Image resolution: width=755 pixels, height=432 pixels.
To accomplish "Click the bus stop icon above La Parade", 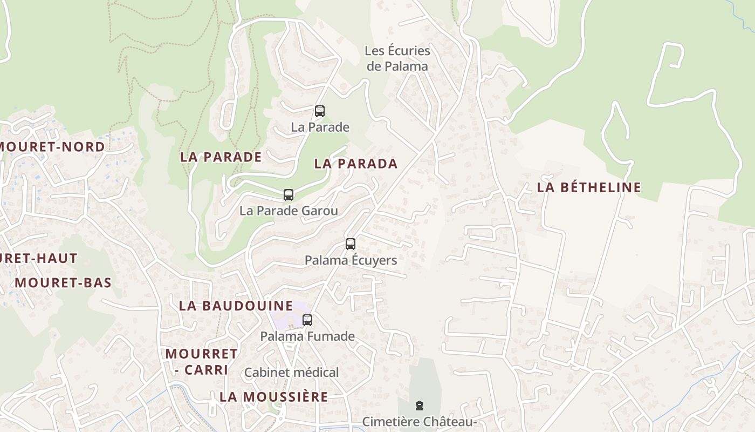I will tap(320, 111).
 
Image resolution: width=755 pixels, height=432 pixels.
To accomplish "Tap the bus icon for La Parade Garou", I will tap(289, 194).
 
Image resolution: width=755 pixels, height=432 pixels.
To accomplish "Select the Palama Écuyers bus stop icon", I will tap(351, 244).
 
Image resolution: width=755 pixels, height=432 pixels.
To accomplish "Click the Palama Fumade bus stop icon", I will tap(307, 320).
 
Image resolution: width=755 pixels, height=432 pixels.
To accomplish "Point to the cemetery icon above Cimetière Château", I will tap(419, 406).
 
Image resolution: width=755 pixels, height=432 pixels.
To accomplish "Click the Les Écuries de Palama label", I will tap(397, 58).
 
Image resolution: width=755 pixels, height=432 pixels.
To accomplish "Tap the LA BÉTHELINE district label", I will tap(589, 187).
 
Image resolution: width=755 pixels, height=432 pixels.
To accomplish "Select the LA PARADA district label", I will tap(356, 164).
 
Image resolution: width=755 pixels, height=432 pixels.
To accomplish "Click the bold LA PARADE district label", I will tap(221, 157).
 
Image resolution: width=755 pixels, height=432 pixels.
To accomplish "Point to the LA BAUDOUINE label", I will tap(236, 306).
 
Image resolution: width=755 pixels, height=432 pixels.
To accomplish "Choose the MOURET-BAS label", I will tap(63, 282).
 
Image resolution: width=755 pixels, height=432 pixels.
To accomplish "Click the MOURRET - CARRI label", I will tap(201, 361).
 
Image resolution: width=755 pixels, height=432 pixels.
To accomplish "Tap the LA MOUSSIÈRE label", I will tap(273, 397).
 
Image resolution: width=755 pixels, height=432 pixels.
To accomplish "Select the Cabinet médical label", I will tap(291, 373).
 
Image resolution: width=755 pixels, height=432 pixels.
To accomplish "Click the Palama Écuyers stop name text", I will tap(351, 260).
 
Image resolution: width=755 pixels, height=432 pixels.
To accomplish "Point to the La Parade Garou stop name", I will tap(289, 211).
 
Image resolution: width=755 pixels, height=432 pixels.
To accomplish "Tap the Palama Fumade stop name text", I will tap(307, 336).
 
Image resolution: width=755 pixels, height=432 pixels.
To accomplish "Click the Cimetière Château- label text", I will tap(419, 422).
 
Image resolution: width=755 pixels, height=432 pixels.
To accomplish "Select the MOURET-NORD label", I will tap(52, 147).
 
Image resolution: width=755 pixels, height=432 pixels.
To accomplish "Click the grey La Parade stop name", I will tap(320, 127).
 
